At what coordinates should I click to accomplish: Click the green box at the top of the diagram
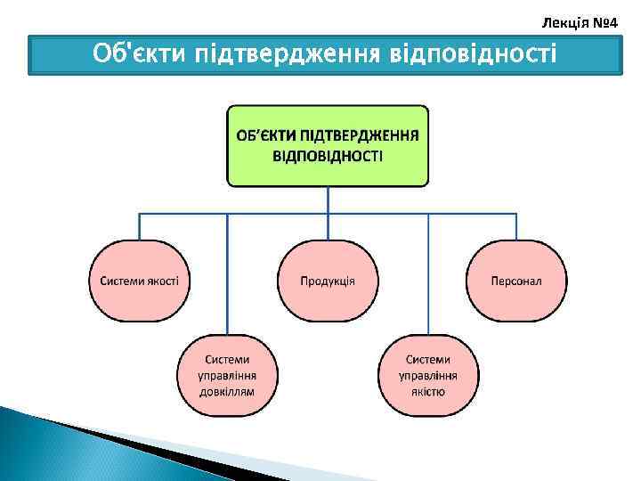328,146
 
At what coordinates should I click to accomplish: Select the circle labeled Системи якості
139,281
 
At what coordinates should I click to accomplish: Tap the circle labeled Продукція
328,281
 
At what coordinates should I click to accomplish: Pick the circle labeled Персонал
516,281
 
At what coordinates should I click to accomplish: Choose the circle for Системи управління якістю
428,375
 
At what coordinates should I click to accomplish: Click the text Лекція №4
580,19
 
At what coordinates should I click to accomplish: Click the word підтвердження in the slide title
284,54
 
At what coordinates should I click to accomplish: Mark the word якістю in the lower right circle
428,391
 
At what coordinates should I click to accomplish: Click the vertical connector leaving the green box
328,200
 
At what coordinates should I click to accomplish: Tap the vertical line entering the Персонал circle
516,226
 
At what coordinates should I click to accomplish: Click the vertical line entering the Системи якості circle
139,226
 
